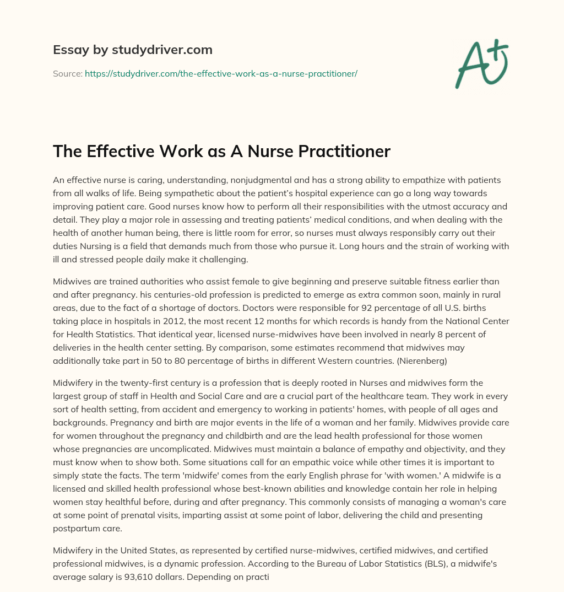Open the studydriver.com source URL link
221,73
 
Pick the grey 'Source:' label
67,73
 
